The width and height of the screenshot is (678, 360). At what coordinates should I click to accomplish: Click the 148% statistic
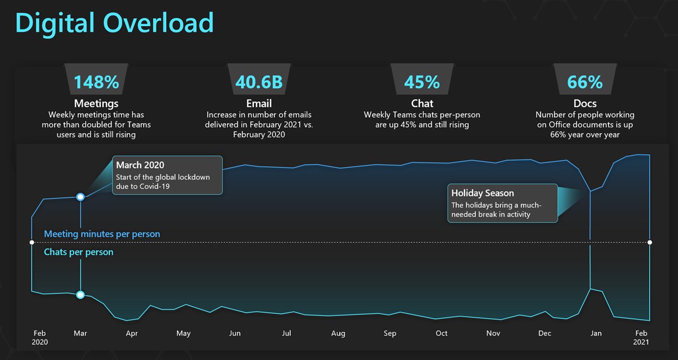96,82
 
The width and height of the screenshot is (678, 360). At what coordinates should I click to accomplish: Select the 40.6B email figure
259,82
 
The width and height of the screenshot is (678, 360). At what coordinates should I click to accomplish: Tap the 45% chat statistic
422,82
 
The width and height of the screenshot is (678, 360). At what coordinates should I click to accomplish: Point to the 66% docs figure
585,82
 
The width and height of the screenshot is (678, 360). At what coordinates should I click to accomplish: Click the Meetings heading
96,103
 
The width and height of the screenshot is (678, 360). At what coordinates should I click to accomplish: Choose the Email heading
259,103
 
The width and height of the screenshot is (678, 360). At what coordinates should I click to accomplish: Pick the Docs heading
585,103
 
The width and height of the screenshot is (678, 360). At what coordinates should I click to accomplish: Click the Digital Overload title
115,23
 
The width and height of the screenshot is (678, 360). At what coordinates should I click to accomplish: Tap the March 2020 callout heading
140,165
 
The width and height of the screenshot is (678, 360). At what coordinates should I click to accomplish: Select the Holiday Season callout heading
482,193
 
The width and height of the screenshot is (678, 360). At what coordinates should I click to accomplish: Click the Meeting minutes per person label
102,234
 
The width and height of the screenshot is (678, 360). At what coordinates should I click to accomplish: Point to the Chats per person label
79,252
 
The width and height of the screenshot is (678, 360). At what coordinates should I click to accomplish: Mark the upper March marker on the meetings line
80,197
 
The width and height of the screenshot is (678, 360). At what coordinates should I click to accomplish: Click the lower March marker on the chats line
80,295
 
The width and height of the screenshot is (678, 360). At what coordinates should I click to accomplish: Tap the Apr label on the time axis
131,333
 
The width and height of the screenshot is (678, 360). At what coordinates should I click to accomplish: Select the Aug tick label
338,333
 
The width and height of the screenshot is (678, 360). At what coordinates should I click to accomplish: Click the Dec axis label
544,333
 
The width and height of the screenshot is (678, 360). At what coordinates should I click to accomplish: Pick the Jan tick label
596,333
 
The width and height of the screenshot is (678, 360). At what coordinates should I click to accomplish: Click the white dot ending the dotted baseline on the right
650,242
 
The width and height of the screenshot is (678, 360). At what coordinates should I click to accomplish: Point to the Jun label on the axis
235,333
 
